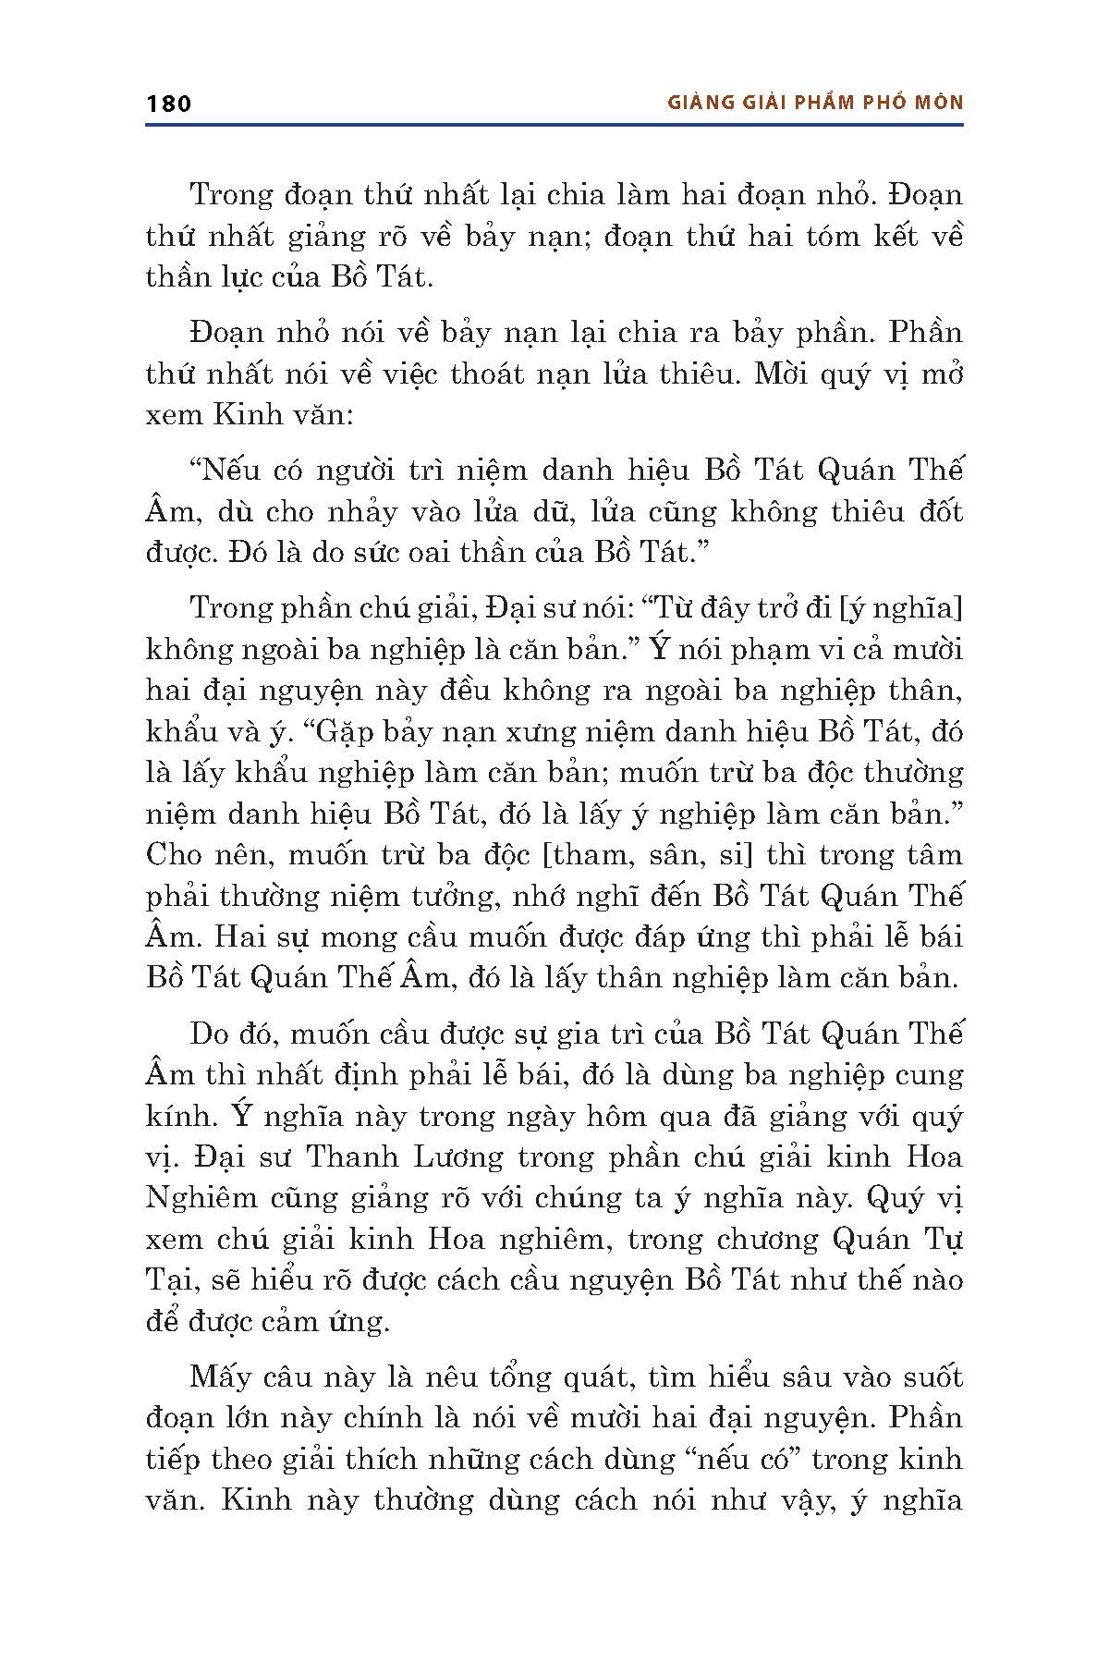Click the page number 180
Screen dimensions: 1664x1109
tap(168, 103)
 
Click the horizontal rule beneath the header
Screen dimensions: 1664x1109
tap(554, 124)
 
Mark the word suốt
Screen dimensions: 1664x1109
tap(930, 1376)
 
